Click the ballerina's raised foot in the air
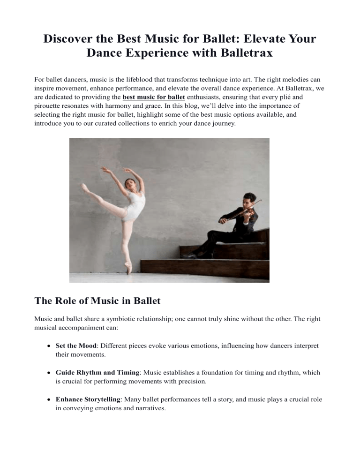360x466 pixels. tap(85, 188)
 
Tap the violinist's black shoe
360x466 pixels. tap(190, 256)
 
